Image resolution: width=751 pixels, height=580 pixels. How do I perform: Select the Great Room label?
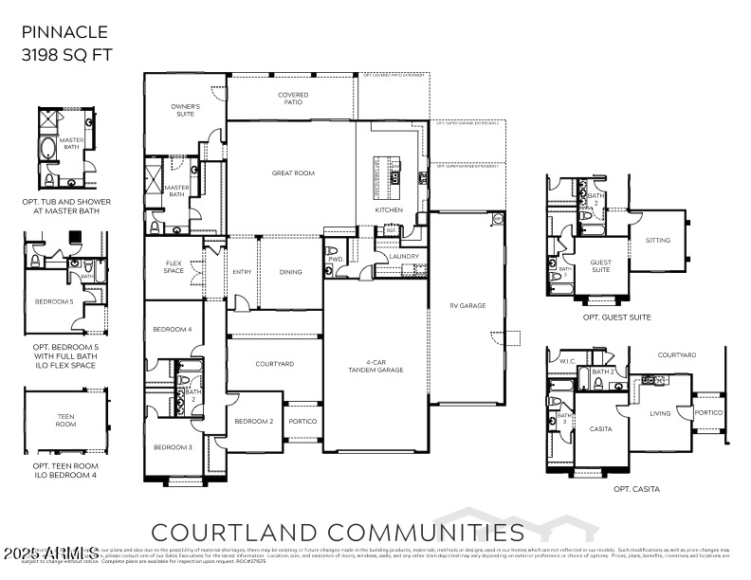(293, 173)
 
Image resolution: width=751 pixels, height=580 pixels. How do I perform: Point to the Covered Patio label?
(293, 99)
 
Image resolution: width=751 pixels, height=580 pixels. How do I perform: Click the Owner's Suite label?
(185, 110)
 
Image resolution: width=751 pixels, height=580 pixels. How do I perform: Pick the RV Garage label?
(467, 306)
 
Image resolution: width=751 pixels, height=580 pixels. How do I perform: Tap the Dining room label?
(291, 272)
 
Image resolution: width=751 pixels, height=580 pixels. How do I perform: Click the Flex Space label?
(174, 268)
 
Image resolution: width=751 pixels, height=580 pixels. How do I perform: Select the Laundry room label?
(404, 256)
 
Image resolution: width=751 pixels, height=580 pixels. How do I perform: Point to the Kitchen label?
(389, 209)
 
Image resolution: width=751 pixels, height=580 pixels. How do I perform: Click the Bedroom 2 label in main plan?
(254, 421)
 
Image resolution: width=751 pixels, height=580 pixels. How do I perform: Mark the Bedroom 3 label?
(173, 446)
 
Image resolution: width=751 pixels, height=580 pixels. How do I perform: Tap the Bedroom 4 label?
(173, 329)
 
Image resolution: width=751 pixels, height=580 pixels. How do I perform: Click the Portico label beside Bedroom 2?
(302, 421)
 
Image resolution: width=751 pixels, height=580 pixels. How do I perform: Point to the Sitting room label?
(658, 240)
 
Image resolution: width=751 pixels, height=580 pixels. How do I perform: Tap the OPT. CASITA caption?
(636, 489)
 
